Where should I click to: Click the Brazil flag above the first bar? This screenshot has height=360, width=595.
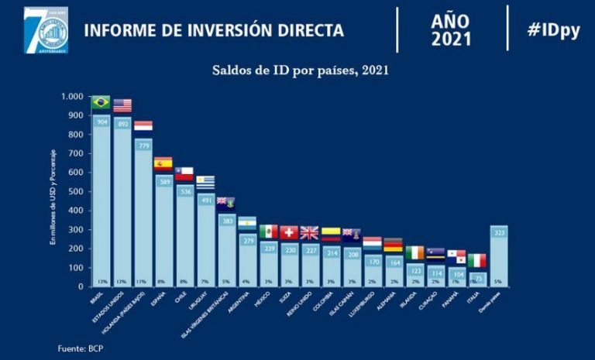pos(101,102)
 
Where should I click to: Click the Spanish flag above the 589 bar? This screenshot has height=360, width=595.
pos(163,163)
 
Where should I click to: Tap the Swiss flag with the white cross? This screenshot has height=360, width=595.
pos(289,231)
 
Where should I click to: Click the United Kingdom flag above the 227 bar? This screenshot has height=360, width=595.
pos(309,232)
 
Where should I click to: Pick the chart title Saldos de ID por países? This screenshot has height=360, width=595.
pos(301,70)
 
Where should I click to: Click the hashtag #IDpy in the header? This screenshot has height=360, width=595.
pos(553,30)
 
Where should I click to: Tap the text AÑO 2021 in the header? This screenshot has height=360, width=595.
pos(451,29)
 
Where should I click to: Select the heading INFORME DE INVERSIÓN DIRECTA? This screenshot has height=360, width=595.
pos(214,31)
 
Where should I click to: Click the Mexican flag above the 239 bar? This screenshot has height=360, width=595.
pos(268,231)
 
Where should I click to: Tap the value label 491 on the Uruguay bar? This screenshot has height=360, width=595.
pos(205,200)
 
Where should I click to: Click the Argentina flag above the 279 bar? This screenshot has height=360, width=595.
pos(247,223)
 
